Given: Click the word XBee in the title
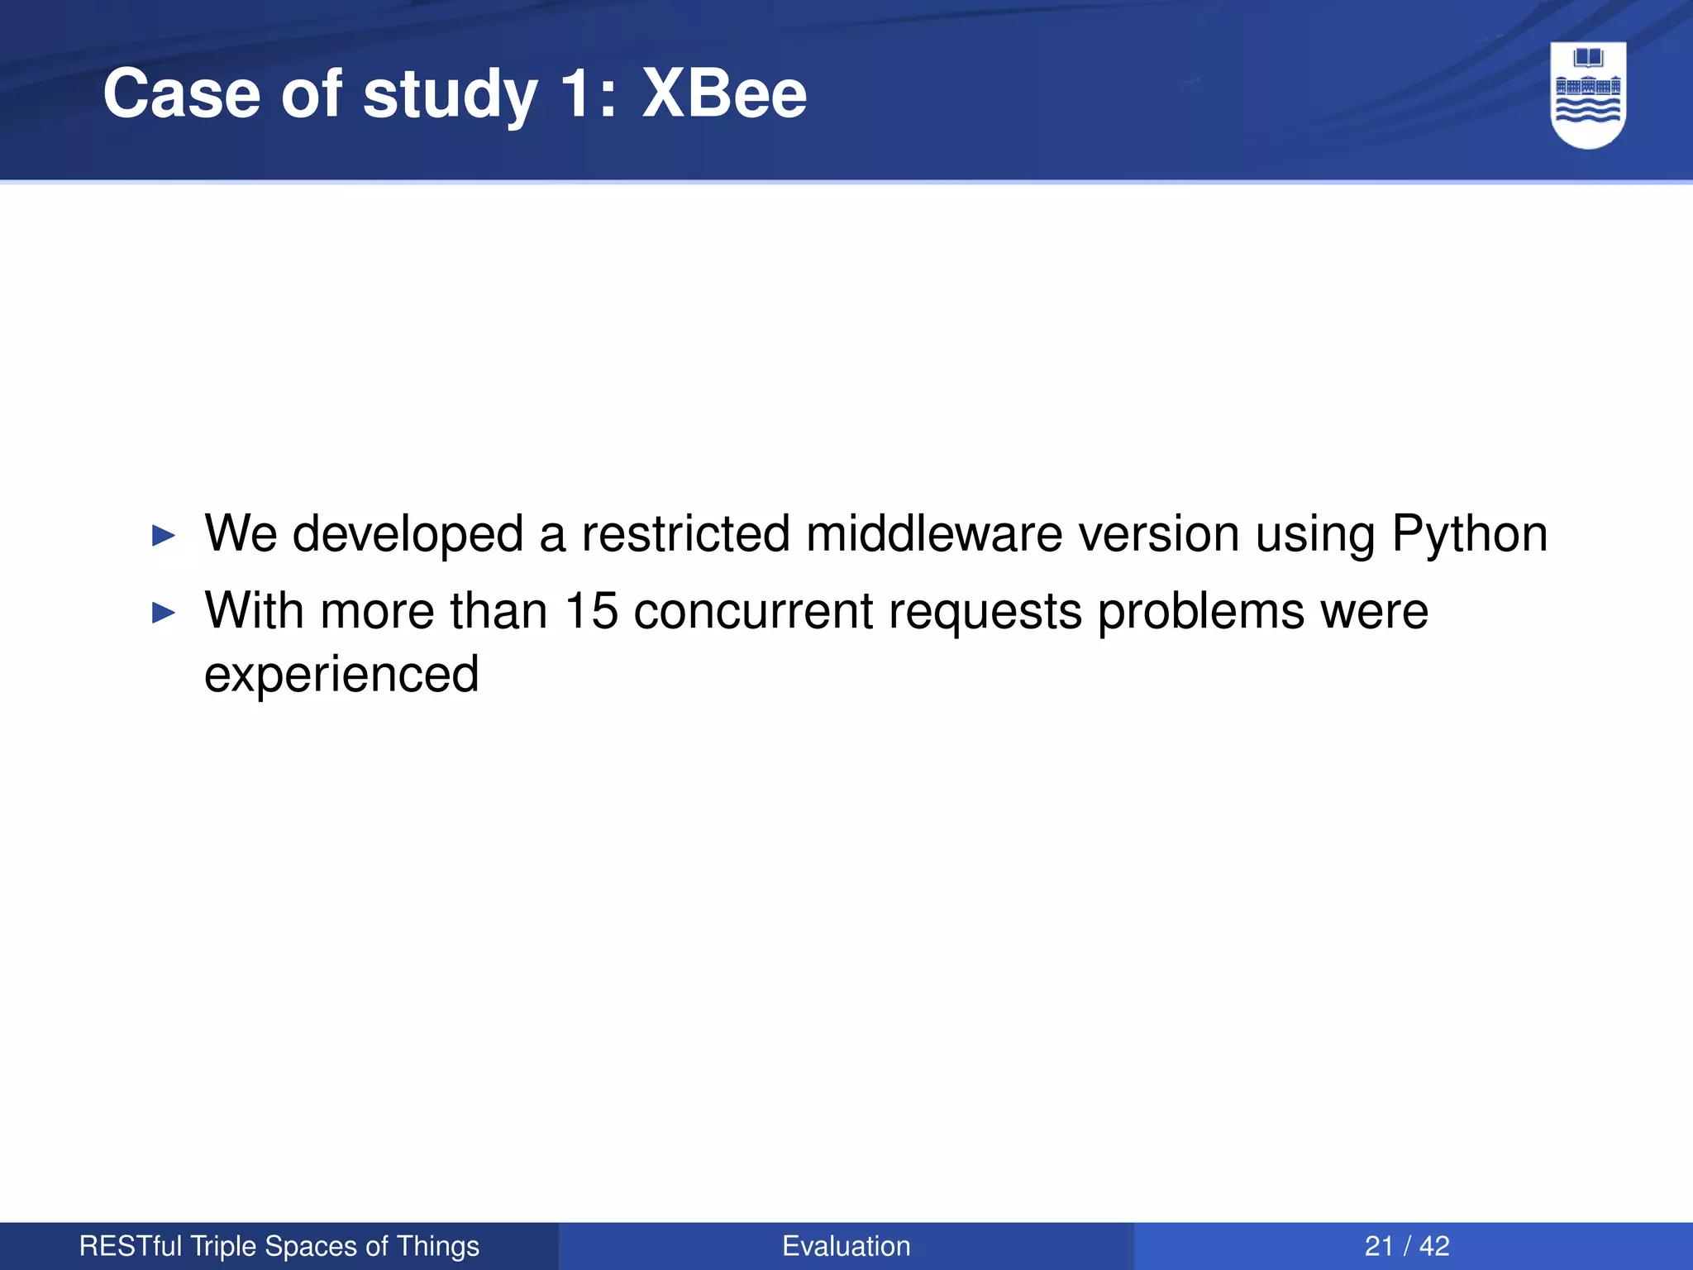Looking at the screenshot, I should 724,93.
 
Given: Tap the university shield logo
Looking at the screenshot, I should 1588,94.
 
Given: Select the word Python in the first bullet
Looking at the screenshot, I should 1469,534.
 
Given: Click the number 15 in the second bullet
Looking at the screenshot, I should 591,611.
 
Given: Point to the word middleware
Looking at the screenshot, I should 933,533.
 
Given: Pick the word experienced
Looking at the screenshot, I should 341,674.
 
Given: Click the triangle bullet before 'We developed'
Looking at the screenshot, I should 165,536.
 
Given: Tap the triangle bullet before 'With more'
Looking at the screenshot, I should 165,613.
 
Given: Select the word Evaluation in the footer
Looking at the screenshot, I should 846,1246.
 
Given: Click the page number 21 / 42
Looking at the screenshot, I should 1407,1246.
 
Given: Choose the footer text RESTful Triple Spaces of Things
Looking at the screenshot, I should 279,1246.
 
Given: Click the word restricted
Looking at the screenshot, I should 685,533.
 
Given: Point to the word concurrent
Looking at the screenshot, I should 753,611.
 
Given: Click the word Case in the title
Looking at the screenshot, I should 181,93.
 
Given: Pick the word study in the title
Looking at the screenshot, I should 450,95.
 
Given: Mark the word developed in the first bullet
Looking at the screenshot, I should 408,534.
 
